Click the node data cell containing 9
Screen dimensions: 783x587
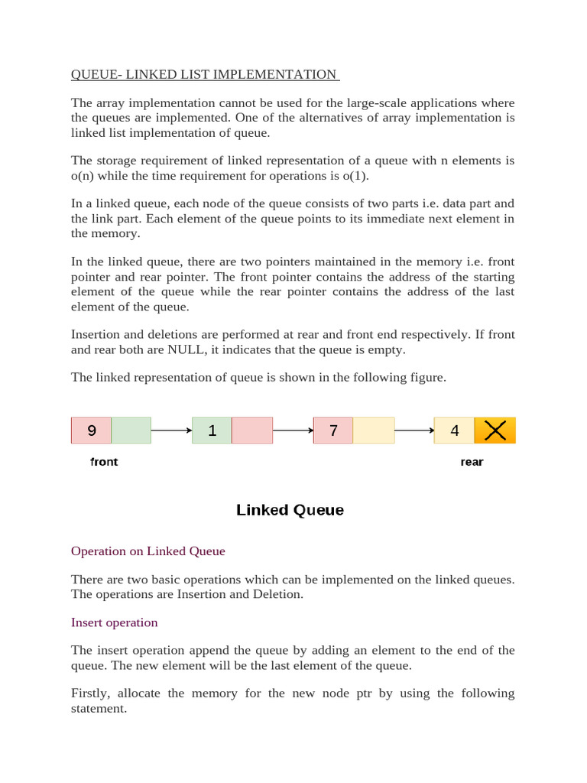(x=91, y=430)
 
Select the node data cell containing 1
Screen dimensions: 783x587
(x=212, y=430)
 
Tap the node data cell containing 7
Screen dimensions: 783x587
(x=333, y=430)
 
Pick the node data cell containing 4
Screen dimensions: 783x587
(x=454, y=430)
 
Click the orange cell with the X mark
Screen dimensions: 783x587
(x=495, y=430)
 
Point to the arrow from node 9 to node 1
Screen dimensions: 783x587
(x=171, y=430)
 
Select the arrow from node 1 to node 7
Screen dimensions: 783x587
(x=293, y=430)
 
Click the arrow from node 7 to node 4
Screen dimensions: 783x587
(x=414, y=430)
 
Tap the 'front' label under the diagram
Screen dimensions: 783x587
(x=104, y=462)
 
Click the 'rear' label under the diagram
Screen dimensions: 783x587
(x=472, y=462)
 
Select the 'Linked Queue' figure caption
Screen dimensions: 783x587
(x=290, y=510)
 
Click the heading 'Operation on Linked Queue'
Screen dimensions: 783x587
(x=148, y=551)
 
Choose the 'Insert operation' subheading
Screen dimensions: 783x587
(x=115, y=622)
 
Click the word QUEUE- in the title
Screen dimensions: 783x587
(x=96, y=74)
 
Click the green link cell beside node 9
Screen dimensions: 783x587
(x=131, y=430)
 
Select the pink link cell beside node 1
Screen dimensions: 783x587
(x=252, y=430)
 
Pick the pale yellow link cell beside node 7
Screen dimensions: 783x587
(x=374, y=430)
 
